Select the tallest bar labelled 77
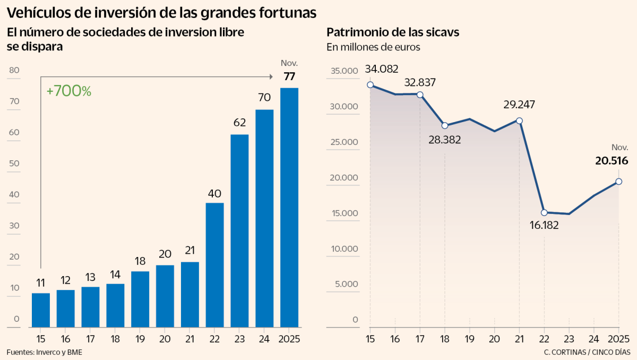click(289, 207)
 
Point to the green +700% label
click(69, 91)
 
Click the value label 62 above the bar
click(239, 123)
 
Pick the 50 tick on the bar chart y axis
click(14, 164)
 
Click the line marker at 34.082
click(370, 85)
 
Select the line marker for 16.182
click(544, 212)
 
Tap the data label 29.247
click(519, 105)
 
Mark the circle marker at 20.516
click(618, 182)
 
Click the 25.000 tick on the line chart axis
click(344, 142)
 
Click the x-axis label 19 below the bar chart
click(140, 339)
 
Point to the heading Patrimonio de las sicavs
click(393, 32)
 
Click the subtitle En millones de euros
click(373, 47)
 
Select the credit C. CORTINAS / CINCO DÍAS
click(587, 352)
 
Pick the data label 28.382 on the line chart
click(445, 140)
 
